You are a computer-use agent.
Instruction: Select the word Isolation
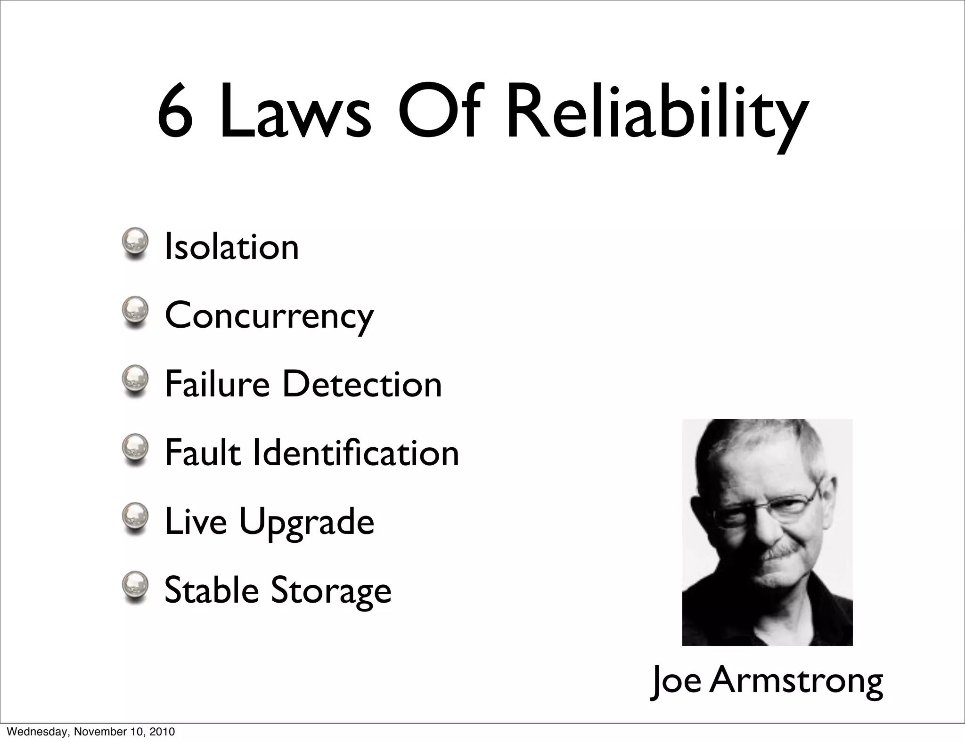(x=231, y=247)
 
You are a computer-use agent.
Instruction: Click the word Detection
(x=362, y=384)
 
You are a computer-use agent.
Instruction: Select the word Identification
(x=356, y=453)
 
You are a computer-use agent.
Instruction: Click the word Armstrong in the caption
(x=796, y=681)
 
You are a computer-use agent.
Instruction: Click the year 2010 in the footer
(x=163, y=732)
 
